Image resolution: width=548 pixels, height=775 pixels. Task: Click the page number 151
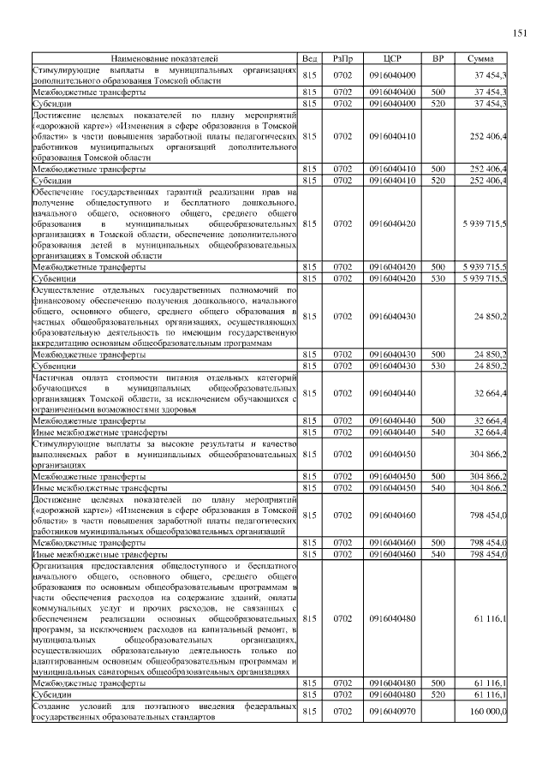pyautogui.click(x=519, y=33)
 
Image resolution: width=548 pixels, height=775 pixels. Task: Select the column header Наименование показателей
pyautogui.click(x=164, y=58)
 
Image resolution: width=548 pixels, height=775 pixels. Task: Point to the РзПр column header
pyautogui.click(x=342, y=58)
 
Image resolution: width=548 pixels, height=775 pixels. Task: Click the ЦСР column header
pyautogui.click(x=393, y=58)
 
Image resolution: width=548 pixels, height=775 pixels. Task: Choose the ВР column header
pyautogui.click(x=438, y=58)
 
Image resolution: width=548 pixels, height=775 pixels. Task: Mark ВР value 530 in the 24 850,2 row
pyautogui.click(x=438, y=366)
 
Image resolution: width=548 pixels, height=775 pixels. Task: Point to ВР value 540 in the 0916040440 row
pyautogui.click(x=438, y=432)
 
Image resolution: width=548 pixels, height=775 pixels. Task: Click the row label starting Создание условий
pyautogui.click(x=164, y=712)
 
